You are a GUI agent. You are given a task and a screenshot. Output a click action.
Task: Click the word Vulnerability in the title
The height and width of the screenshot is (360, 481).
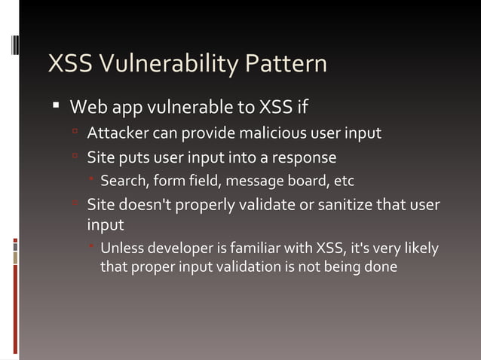click(170, 64)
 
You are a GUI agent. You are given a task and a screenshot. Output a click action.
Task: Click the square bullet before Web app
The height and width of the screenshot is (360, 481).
click(55, 105)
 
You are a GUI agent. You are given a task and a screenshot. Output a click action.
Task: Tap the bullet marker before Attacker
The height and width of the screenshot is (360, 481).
click(75, 133)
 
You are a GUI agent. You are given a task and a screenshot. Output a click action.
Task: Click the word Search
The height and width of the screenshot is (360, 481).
click(122, 181)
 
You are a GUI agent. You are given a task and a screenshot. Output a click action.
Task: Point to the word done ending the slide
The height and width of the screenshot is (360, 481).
click(381, 266)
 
